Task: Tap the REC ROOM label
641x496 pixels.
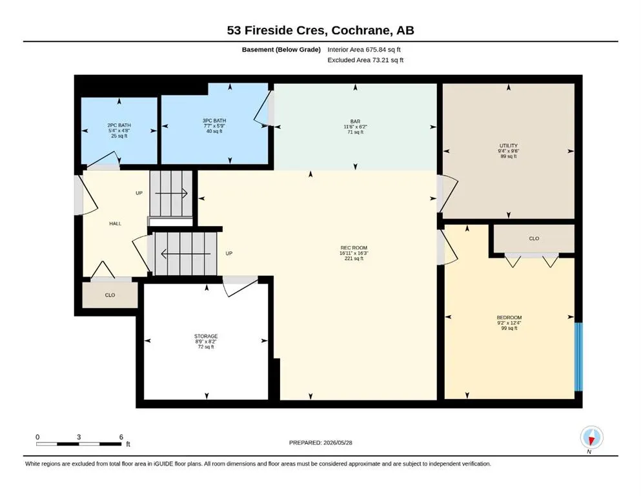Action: click(354, 248)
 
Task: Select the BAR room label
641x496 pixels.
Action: click(355, 121)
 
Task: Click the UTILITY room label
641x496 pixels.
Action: click(509, 145)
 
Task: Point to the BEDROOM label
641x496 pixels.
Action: click(509, 317)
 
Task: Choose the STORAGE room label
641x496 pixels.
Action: click(206, 336)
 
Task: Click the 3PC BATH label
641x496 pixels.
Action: click(214, 121)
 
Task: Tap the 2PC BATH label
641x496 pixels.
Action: click(119, 125)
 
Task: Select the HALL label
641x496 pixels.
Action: click(116, 223)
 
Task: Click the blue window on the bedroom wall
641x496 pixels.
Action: click(578, 357)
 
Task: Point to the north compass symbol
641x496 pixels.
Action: click(591, 437)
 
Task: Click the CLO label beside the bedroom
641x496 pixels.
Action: click(534, 238)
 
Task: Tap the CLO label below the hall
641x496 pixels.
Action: click(110, 295)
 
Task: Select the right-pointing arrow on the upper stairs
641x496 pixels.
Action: click(171, 193)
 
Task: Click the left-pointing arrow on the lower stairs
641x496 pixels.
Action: click(186, 254)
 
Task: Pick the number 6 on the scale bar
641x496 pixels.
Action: click(121, 437)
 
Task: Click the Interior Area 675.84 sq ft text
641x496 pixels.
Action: click(364, 50)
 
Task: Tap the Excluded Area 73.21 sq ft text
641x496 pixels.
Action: click(365, 60)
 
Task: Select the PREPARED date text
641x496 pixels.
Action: click(320, 442)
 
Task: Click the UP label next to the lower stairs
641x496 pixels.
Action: click(229, 254)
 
